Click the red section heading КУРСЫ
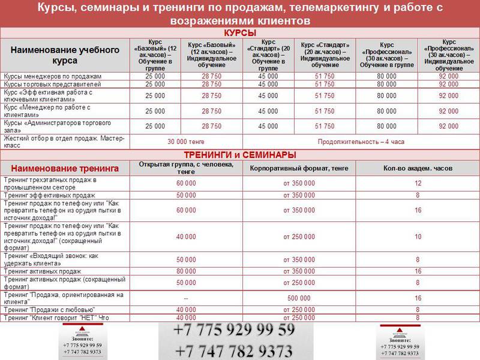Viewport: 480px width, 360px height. (240, 32)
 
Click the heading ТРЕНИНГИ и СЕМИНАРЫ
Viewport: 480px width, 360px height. (240, 155)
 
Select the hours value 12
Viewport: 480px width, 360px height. (418, 183)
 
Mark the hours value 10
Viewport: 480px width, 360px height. (418, 237)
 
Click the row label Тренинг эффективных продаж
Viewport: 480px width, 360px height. (50, 196)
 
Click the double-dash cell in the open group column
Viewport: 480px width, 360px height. (186, 298)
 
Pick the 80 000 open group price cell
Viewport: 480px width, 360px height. (186, 271)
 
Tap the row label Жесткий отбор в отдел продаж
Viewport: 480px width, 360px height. (64, 142)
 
